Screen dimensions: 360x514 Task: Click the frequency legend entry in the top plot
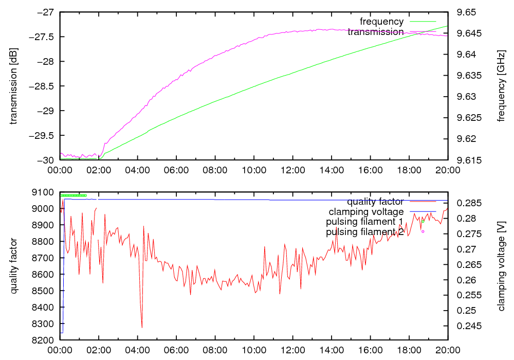click(381, 22)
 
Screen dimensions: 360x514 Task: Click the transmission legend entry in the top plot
click(376, 32)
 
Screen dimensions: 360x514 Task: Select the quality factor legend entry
click(375, 202)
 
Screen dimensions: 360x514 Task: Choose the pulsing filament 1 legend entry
click(364, 222)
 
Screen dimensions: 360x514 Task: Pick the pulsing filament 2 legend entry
click(364, 232)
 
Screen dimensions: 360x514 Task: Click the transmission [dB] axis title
click(14, 86)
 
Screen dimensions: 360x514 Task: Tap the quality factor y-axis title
click(14, 266)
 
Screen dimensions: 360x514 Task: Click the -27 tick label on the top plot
click(45, 12)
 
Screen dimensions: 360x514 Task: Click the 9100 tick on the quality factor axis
click(45, 192)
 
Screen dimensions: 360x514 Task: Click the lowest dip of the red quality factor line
click(142, 328)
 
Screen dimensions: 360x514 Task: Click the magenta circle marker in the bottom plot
click(423, 231)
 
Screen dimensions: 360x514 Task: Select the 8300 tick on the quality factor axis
click(45, 324)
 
